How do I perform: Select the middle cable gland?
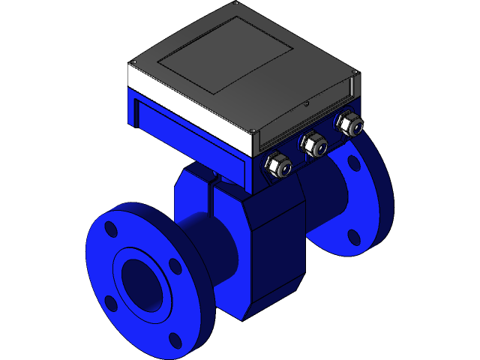tap(313, 144)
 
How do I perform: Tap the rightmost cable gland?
tap(347, 124)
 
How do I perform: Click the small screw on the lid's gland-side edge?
tap(306, 104)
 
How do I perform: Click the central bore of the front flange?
tap(142, 283)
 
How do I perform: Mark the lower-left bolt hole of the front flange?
tap(111, 303)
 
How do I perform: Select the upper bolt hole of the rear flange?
tap(353, 163)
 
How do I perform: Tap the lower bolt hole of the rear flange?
tap(352, 236)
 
